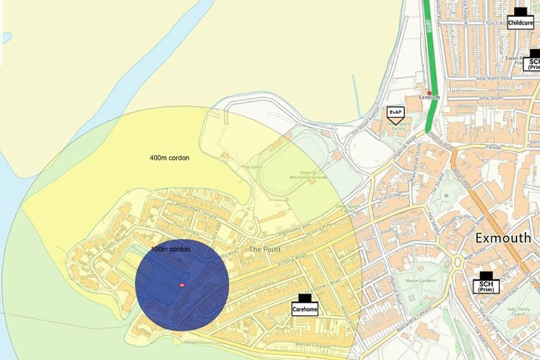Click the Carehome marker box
[304, 308]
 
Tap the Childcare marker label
[520, 22]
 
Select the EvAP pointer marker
[395, 112]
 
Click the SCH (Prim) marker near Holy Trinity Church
[486, 285]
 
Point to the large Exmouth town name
[503, 238]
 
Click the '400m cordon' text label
[169, 157]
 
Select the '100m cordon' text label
[170, 250]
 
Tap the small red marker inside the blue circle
[182, 285]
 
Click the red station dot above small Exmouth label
[429, 92]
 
